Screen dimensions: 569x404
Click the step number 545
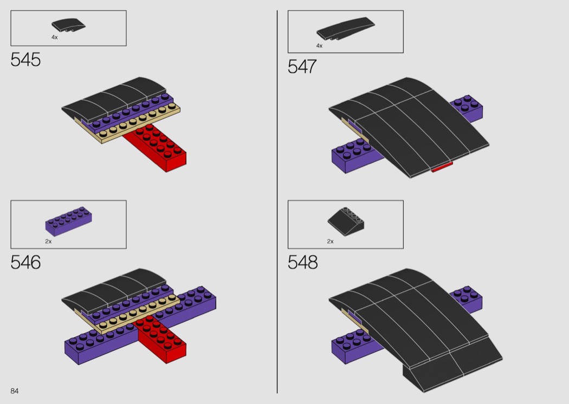coord(25,60)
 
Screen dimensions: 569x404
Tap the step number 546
coord(25,262)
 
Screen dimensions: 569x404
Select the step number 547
coord(302,67)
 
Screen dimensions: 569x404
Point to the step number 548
coord(302,262)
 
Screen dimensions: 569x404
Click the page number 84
coord(15,391)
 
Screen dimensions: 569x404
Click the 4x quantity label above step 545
coord(54,37)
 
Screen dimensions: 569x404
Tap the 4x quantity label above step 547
coord(319,45)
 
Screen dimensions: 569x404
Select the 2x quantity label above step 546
coord(48,241)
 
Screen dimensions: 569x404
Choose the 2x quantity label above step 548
coord(330,241)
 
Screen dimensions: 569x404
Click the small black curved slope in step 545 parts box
coord(69,25)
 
